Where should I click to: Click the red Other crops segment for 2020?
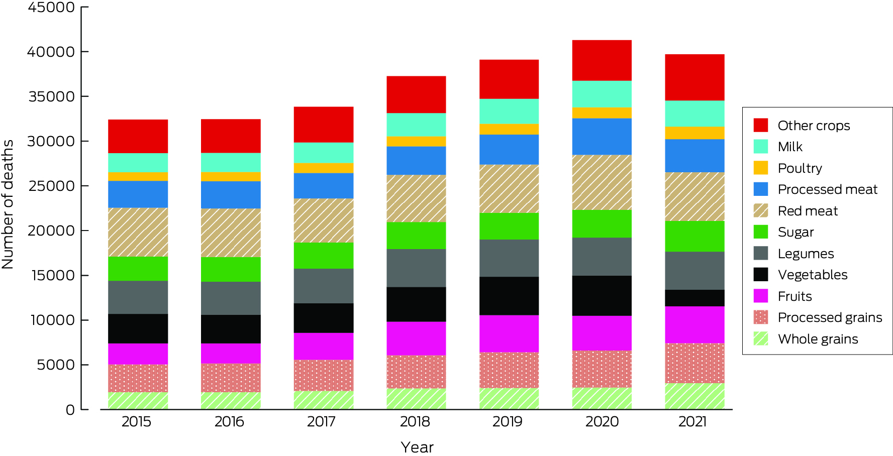[602, 60]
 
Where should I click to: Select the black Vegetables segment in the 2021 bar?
[694, 298]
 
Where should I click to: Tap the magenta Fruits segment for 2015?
[138, 354]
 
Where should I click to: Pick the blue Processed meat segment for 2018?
[416, 160]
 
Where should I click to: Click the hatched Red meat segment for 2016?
[231, 233]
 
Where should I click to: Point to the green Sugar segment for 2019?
[509, 226]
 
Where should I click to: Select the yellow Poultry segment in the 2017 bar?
[324, 168]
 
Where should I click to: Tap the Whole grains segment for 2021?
[694, 396]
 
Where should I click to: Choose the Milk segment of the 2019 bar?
[509, 111]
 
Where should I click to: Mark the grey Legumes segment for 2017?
[324, 286]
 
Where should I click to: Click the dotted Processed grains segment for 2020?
[602, 369]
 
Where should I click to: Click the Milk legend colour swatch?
[760, 147]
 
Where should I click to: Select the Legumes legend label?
[806, 254]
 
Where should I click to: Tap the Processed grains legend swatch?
[760, 317]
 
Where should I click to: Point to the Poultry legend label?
[800, 168]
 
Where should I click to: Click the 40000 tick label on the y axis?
[51, 52]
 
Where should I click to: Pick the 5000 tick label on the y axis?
[55, 365]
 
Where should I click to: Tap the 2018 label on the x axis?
[415, 421]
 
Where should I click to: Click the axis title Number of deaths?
[8, 204]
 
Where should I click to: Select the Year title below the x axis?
[417, 447]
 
